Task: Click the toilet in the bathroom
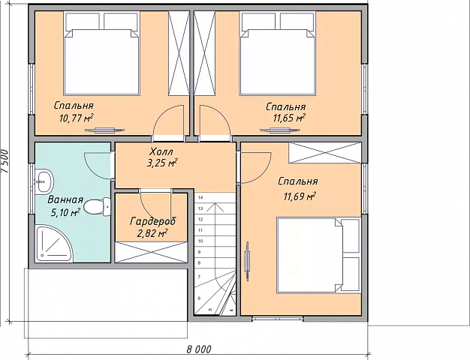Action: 97,207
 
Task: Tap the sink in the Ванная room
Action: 44,181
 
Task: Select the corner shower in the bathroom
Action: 53,243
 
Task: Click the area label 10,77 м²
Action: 76,118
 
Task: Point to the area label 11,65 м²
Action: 289,118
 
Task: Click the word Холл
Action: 161,151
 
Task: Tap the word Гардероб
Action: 153,222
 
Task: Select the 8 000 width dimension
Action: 199,349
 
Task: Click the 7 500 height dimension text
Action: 5,161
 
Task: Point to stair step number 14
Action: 200,197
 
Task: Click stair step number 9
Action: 200,252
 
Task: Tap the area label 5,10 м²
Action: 65,213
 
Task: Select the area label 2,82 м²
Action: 152,233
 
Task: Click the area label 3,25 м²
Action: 161,163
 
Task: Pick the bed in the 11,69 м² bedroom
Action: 318,255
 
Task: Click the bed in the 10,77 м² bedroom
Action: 102,53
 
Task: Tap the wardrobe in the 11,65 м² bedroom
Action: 205,53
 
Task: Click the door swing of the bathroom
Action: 98,166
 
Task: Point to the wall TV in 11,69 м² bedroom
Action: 247,261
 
